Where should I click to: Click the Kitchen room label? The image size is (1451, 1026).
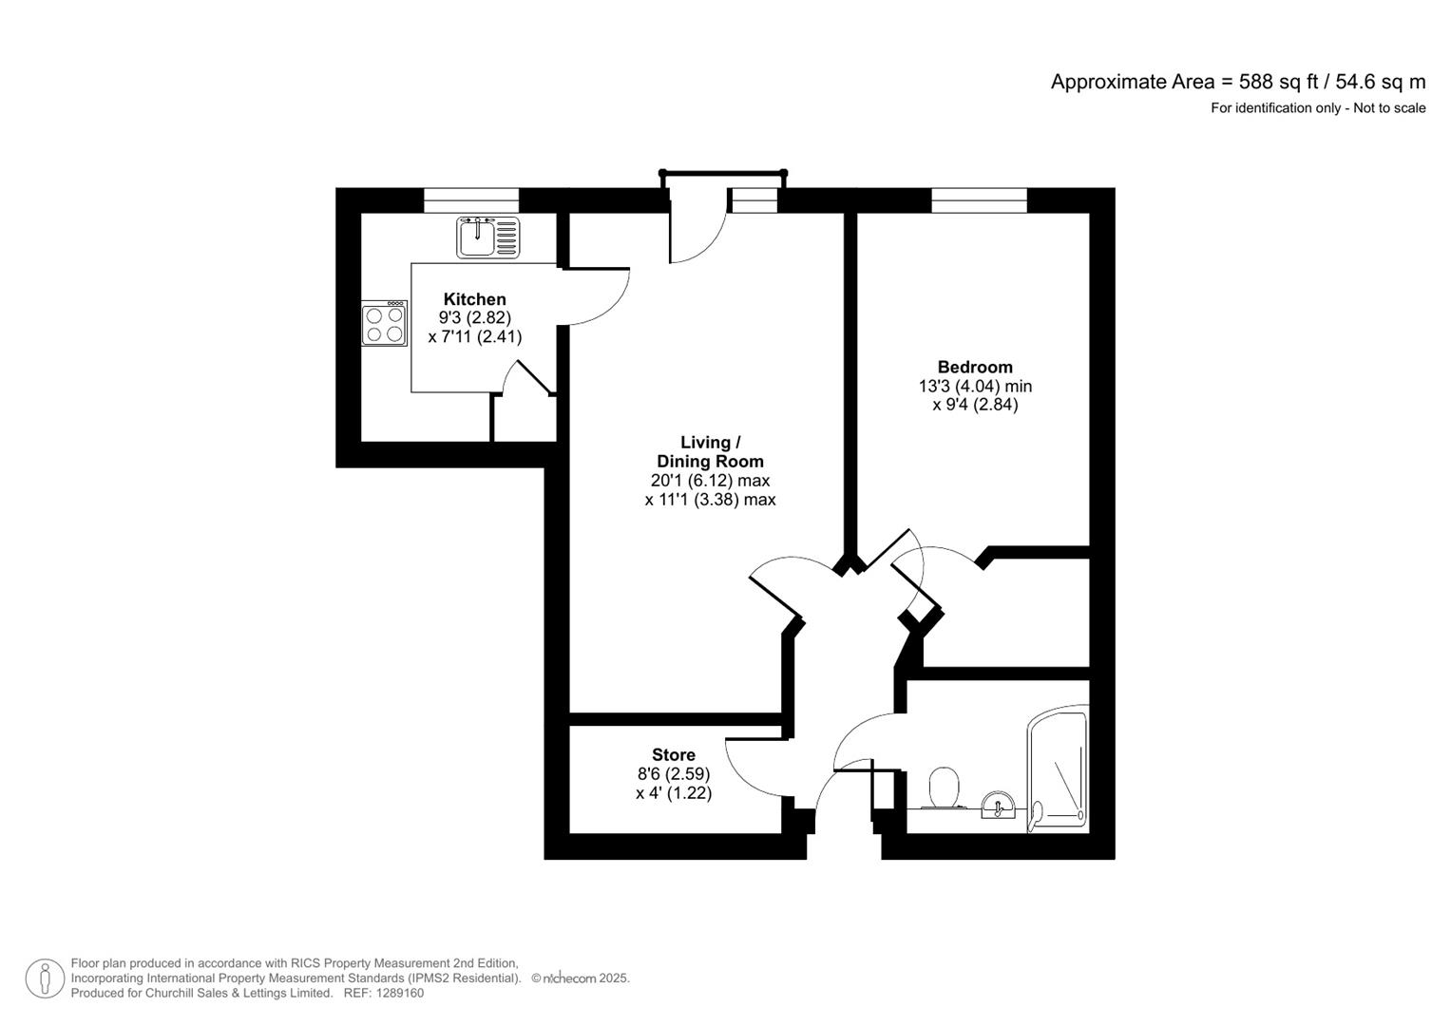pyautogui.click(x=474, y=299)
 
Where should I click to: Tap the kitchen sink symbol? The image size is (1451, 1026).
pyautogui.click(x=488, y=237)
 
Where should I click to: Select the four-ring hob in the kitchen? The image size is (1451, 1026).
pyautogui.click(x=384, y=323)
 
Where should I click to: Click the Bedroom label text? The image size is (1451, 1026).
pyautogui.click(x=975, y=367)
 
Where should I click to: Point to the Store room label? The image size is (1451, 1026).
pyautogui.click(x=673, y=755)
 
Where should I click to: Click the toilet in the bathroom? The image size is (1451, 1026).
pyautogui.click(x=943, y=788)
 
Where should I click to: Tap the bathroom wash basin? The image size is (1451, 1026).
pyautogui.click(x=998, y=807)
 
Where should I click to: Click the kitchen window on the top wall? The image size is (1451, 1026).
pyautogui.click(x=471, y=199)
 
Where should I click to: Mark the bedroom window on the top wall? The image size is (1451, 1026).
pyautogui.click(x=979, y=199)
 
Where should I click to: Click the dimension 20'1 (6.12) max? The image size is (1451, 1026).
pyautogui.click(x=710, y=481)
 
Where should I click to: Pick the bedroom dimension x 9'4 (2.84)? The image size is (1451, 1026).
pyautogui.click(x=975, y=405)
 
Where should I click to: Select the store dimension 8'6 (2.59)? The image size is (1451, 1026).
pyautogui.click(x=673, y=774)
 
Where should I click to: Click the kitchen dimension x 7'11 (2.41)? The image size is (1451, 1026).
pyautogui.click(x=474, y=336)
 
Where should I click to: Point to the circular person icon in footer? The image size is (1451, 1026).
pyautogui.click(x=45, y=978)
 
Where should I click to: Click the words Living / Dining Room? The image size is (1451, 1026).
pyautogui.click(x=710, y=451)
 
